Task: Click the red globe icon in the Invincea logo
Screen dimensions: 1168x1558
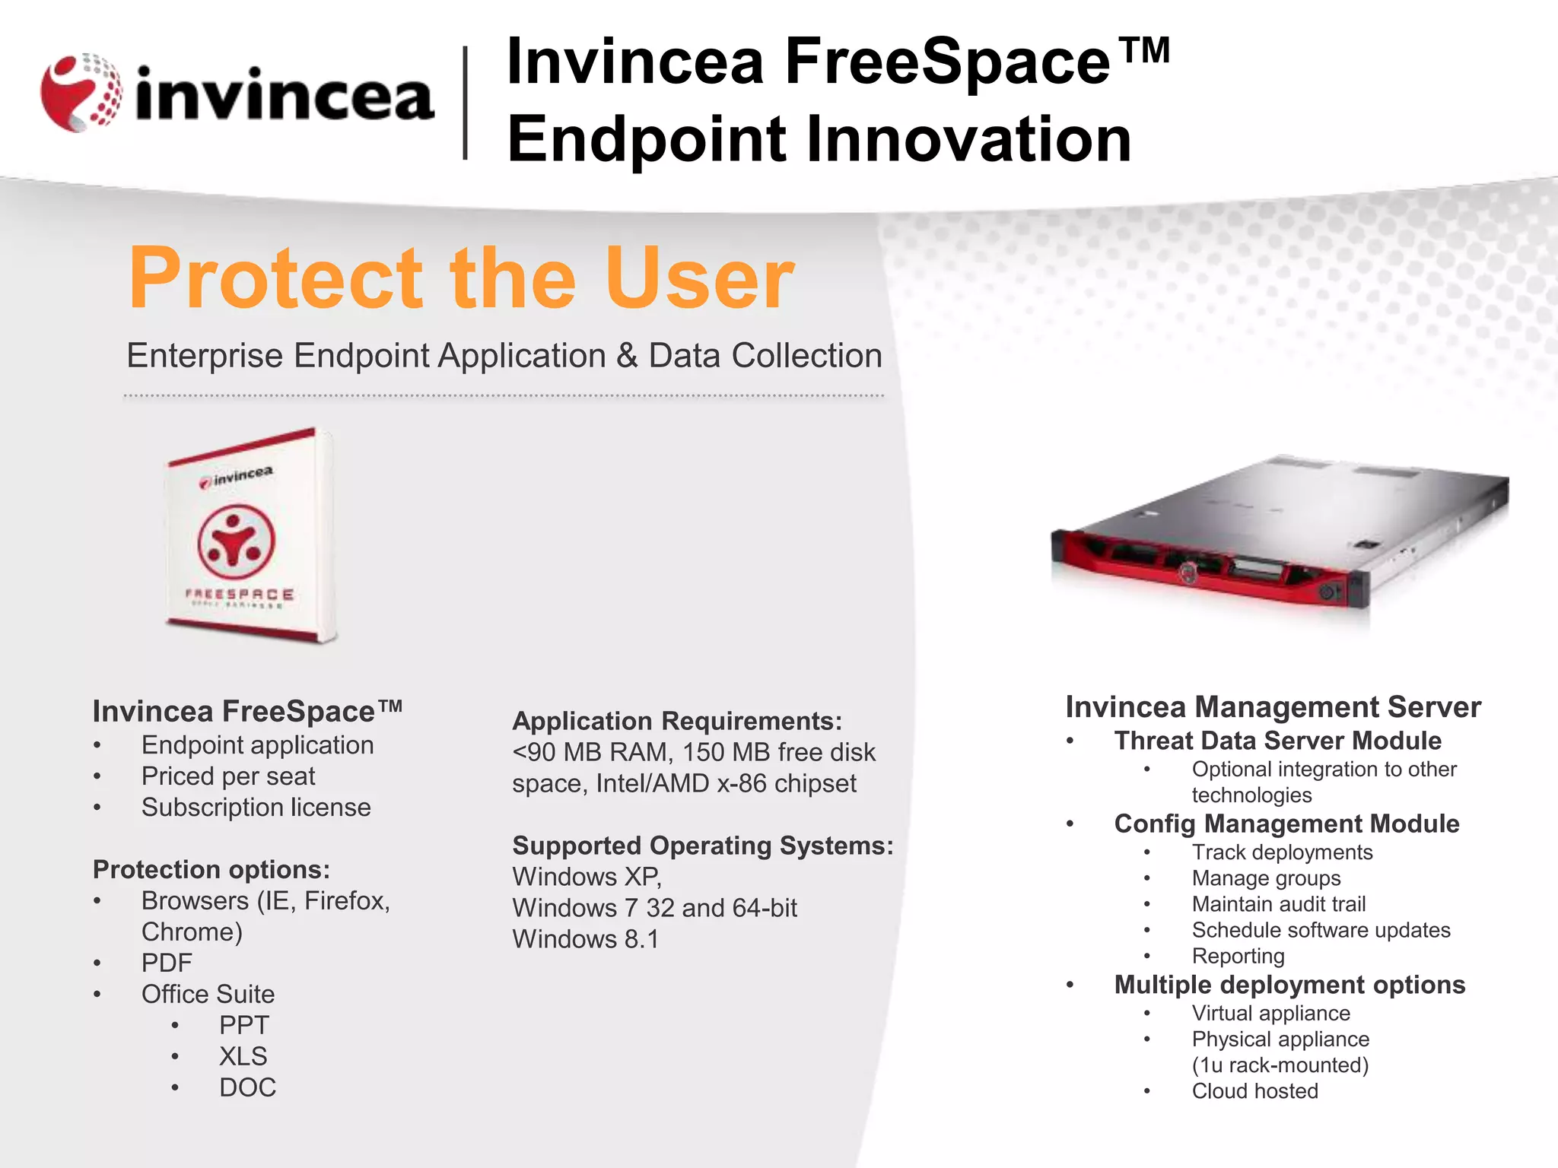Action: [81, 93]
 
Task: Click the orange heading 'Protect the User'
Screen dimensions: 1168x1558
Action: [461, 278]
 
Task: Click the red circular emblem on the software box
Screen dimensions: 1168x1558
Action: [236, 541]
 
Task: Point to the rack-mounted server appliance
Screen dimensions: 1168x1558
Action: [1278, 532]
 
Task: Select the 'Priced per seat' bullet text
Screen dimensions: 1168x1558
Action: [227, 776]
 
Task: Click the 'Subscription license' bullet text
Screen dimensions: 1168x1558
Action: [256, 808]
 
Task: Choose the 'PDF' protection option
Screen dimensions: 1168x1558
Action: [167, 963]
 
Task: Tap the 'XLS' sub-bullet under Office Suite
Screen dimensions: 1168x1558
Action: [243, 1057]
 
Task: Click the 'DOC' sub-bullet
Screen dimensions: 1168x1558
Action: [247, 1088]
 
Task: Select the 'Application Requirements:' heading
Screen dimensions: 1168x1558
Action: [677, 721]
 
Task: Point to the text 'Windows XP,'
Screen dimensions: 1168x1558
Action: [587, 877]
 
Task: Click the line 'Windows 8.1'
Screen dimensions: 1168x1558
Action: [585, 939]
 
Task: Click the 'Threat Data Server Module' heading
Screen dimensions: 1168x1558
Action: [1277, 741]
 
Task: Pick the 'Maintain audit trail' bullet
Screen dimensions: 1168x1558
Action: [1278, 904]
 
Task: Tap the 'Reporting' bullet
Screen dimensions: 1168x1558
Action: [1238, 956]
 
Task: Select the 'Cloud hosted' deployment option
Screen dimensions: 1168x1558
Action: [1254, 1091]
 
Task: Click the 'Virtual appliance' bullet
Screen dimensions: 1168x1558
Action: [1270, 1014]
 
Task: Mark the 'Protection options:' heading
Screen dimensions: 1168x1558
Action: [211, 869]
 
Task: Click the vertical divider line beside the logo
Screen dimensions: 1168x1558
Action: [465, 103]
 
